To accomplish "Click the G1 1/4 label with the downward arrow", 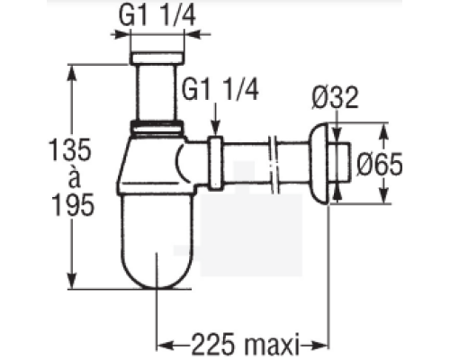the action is (220, 89).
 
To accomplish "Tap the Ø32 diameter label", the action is (335, 97).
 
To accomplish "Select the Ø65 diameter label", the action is (380, 164).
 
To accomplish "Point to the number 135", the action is (71, 149).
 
